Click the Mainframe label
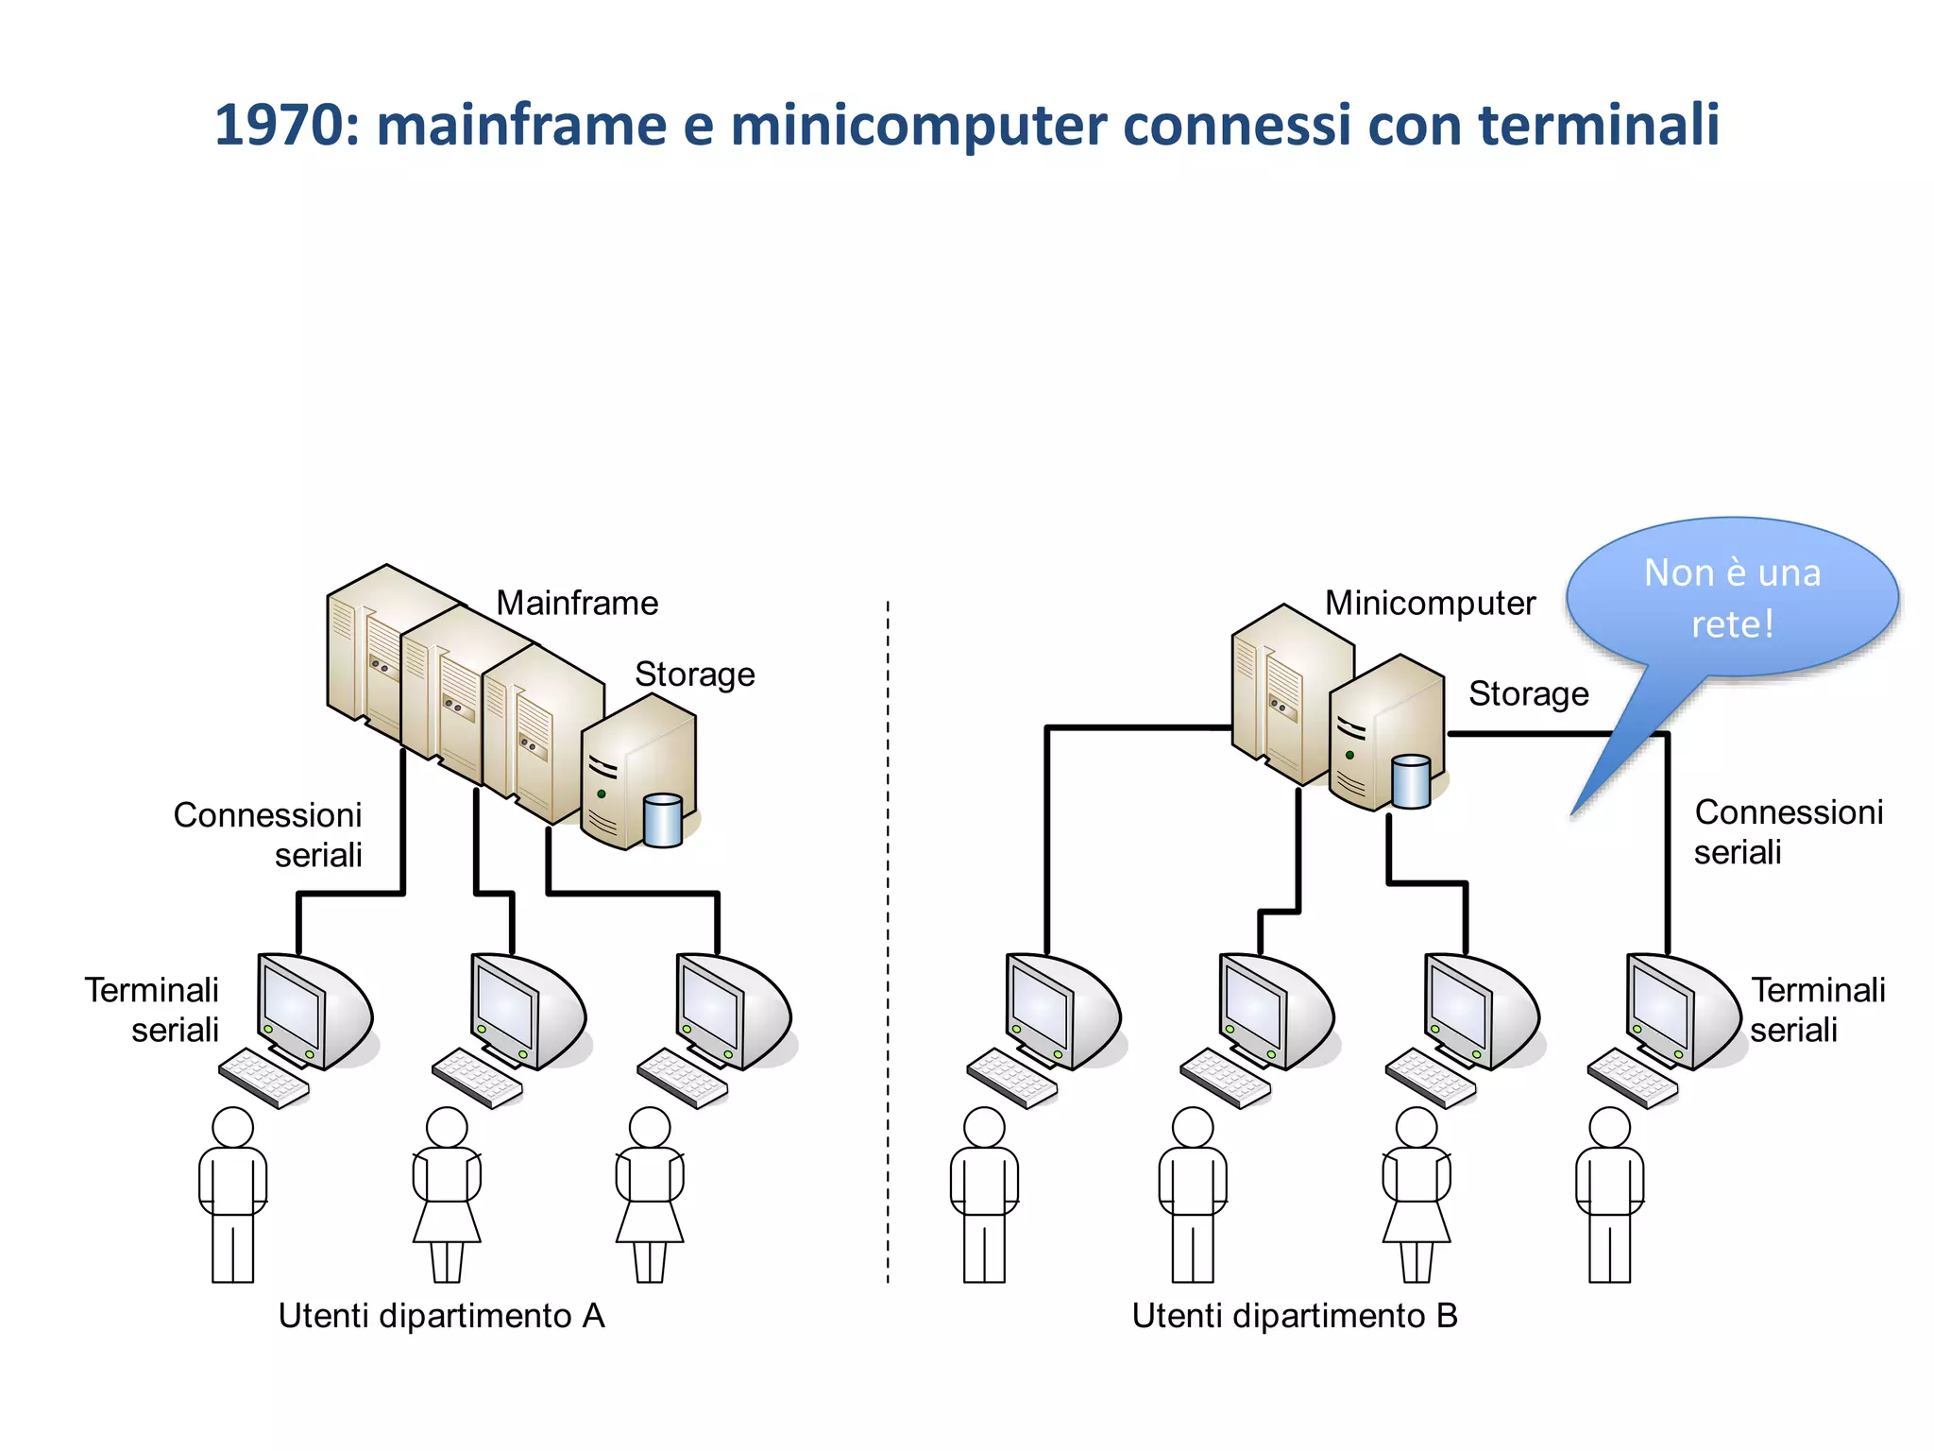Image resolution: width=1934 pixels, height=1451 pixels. coord(577,603)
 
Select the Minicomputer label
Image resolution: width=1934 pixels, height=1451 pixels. coord(1430,603)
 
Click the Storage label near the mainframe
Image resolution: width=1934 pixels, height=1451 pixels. coord(694,674)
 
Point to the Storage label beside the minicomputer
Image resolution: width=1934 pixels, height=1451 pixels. coord(1528,694)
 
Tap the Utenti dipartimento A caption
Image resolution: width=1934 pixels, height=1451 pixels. coord(441,1316)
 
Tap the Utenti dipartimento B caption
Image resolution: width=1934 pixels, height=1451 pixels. coord(1295,1316)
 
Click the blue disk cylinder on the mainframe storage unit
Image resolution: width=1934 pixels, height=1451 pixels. coord(662,820)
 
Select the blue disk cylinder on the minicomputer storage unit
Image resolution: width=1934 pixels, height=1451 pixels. coord(1411,781)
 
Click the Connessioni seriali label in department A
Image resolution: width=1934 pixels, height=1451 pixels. coord(268,835)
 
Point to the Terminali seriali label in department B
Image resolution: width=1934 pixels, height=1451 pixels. coord(1815,1010)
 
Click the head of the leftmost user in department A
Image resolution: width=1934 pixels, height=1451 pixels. coord(232,1128)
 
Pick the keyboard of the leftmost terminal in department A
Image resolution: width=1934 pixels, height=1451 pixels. coord(263,1078)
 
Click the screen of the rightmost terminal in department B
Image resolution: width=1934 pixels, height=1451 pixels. coord(1660,1008)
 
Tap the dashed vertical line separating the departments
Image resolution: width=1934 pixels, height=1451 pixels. coord(888,945)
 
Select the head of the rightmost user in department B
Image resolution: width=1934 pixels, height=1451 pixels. coord(1609,1128)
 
